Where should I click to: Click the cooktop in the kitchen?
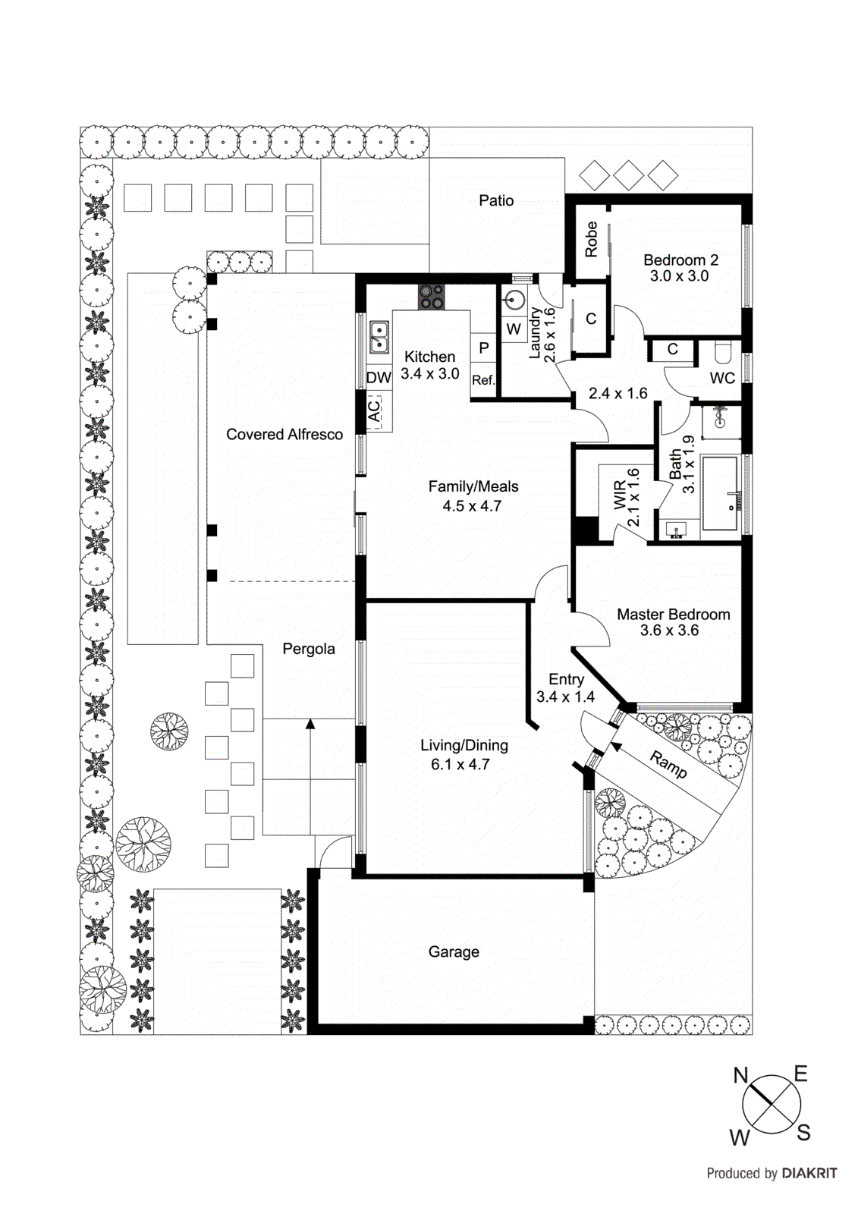point(431,297)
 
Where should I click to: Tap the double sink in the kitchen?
point(379,336)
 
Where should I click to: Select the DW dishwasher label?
point(379,377)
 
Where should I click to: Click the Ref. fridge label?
point(483,380)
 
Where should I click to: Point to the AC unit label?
point(374,410)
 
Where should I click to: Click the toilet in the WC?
point(722,354)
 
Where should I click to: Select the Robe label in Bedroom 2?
point(591,239)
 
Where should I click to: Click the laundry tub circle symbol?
point(514,300)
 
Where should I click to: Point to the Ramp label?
point(668,764)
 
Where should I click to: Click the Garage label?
point(454,951)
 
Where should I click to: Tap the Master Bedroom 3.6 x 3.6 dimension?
point(669,631)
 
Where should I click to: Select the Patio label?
point(496,200)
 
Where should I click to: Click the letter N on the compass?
point(740,1075)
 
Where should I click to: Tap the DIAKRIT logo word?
point(809,1173)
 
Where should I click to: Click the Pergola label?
point(309,649)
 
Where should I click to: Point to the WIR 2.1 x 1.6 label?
point(627,498)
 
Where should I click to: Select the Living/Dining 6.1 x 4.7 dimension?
point(460,765)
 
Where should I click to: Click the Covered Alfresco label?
point(284,434)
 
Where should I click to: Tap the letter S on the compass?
point(803,1134)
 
